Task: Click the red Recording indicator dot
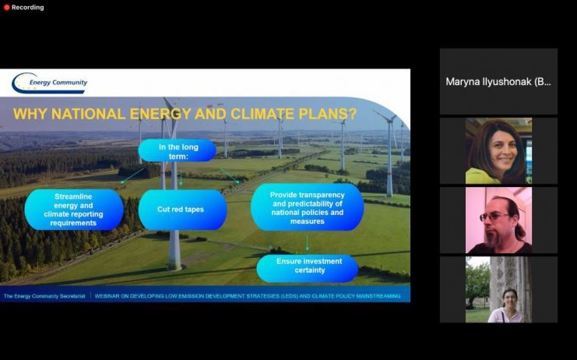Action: point(6,7)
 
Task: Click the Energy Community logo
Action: point(50,83)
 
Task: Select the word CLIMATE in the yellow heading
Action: point(262,114)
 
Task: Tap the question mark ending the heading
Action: point(352,114)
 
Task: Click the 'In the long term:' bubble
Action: point(178,150)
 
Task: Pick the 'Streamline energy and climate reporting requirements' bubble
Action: point(74,210)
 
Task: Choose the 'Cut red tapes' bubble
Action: point(182,210)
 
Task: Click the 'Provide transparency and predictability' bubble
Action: point(308,207)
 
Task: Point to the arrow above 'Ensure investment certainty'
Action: point(308,243)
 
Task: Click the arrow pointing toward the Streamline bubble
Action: point(132,176)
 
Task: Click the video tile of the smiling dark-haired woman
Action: point(498,151)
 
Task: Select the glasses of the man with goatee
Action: point(494,216)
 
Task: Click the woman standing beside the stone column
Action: point(507,306)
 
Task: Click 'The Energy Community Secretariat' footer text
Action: point(44,296)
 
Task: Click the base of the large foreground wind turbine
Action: point(174,266)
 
